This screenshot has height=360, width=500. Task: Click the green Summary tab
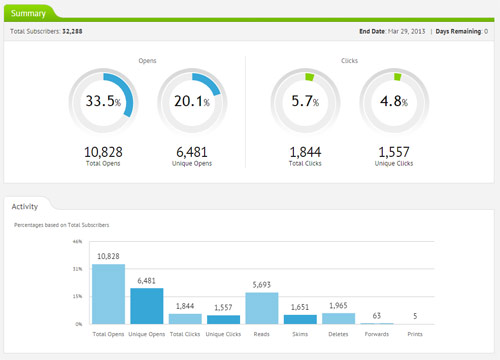click(x=27, y=13)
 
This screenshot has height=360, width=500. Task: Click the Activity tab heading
click(x=25, y=207)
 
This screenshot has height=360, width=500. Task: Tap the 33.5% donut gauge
click(x=100, y=102)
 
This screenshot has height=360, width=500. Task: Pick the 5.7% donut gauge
click(x=304, y=102)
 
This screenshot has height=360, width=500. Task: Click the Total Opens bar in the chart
click(x=108, y=294)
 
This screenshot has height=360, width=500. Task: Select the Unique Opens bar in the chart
click(x=146, y=303)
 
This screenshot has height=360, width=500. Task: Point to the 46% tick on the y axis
click(x=77, y=241)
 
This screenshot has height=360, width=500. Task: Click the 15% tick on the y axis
click(x=77, y=297)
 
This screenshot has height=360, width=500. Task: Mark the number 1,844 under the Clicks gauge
click(x=304, y=151)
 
